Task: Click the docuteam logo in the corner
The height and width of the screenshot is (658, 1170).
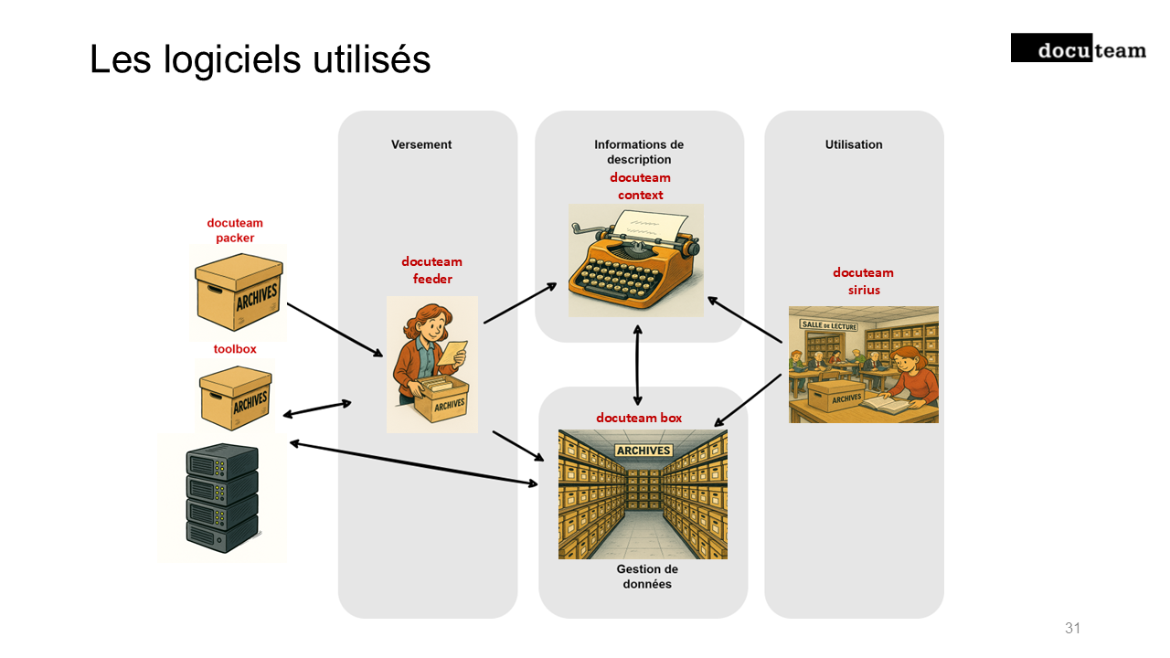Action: pyautogui.click(x=1078, y=48)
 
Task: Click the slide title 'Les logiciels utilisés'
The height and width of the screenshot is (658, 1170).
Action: pyautogui.click(x=261, y=60)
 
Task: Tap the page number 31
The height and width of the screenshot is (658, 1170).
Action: pyautogui.click(x=1072, y=628)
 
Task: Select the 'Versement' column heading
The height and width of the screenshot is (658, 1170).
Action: pyautogui.click(x=421, y=144)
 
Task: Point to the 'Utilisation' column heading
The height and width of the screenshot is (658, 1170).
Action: pyautogui.click(x=854, y=144)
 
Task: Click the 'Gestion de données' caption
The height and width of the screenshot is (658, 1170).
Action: pyautogui.click(x=647, y=577)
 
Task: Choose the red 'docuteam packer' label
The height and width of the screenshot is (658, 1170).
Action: pyautogui.click(x=235, y=230)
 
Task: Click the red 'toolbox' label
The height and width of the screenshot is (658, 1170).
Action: pyautogui.click(x=235, y=349)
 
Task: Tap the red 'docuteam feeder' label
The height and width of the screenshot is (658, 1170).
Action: pyautogui.click(x=431, y=271)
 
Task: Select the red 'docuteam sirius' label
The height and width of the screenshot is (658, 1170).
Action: pyautogui.click(x=863, y=281)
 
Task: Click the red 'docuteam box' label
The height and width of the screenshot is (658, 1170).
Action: pyautogui.click(x=639, y=418)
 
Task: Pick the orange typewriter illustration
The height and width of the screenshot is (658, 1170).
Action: pyautogui.click(x=635, y=260)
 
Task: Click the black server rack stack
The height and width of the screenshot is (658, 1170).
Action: pyautogui.click(x=222, y=495)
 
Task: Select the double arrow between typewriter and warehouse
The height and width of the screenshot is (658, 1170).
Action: pyautogui.click(x=637, y=365)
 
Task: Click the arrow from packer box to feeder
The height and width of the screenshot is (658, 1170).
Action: pyautogui.click(x=335, y=330)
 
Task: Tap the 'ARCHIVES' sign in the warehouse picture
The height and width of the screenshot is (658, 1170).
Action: pyautogui.click(x=643, y=451)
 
